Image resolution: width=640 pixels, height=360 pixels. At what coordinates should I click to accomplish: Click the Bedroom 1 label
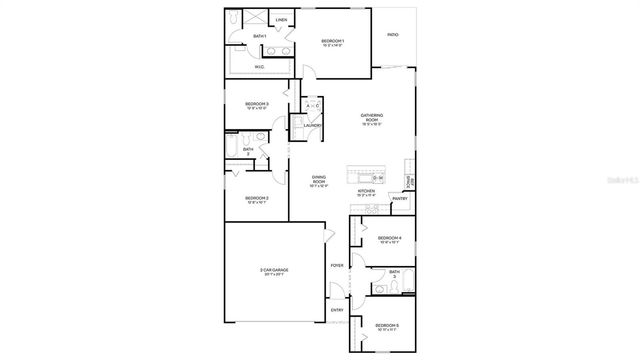333,41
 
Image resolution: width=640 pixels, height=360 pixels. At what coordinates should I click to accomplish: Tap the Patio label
393,36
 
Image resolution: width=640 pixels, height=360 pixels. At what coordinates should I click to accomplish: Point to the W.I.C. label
259,67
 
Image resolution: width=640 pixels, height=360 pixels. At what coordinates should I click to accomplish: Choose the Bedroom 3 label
257,104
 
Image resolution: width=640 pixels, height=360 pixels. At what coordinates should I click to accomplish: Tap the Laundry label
313,125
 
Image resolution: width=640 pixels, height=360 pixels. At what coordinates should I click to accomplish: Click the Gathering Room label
373,117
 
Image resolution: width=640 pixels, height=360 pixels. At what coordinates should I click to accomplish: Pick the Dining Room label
318,180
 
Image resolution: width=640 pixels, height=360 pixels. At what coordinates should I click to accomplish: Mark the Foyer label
337,265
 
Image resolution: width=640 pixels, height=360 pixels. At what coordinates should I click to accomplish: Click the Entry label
337,310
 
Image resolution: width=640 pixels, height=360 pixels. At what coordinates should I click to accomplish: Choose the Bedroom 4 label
389,237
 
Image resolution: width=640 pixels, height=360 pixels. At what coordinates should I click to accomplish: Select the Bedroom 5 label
387,325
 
